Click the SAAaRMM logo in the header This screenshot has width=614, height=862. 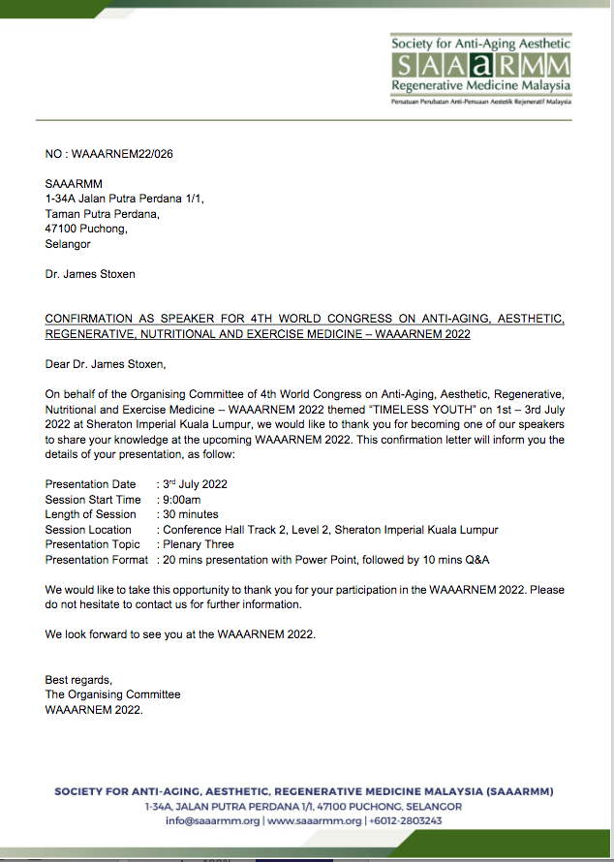click(x=480, y=66)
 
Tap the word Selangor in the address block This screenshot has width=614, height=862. click(x=68, y=244)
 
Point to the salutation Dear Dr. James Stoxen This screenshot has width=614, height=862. click(x=106, y=365)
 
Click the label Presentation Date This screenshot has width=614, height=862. click(x=91, y=483)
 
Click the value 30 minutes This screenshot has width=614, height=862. click(x=191, y=514)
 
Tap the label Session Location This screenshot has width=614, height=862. click(x=88, y=530)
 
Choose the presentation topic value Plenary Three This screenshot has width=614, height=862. click(x=199, y=544)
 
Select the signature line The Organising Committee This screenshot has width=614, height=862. click(x=112, y=694)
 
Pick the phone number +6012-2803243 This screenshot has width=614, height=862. click(x=406, y=820)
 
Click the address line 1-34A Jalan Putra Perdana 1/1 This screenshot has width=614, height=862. click(x=125, y=199)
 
